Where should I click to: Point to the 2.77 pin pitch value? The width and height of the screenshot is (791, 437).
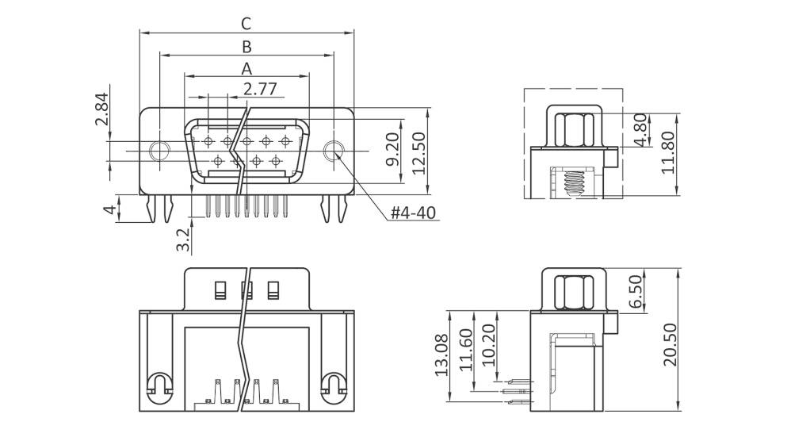260,88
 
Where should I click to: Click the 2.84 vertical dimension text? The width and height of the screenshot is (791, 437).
101,109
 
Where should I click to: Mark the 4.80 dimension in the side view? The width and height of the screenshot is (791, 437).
640,129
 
